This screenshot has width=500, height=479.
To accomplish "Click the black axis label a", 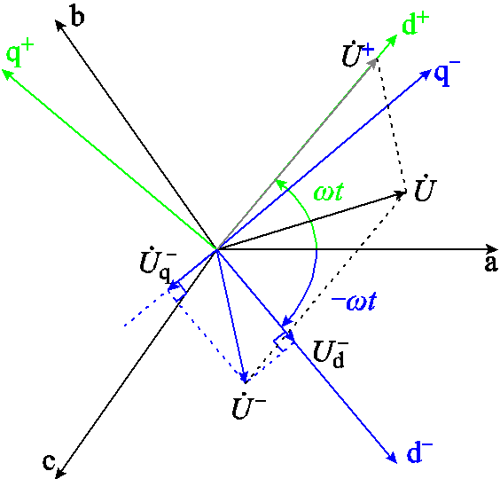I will coord(489,263).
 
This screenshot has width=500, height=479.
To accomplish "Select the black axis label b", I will coord(77,17).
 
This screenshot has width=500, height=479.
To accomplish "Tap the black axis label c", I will coord(50,461).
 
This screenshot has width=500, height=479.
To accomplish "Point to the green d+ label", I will coord(416,25).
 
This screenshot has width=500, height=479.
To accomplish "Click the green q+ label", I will coord(20,55).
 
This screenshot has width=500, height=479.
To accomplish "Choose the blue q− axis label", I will coord(447,74).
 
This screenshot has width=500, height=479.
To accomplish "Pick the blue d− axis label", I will coord(420,452).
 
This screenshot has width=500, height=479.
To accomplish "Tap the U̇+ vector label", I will coord(357,55).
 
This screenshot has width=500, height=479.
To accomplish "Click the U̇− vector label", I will coord(249,408).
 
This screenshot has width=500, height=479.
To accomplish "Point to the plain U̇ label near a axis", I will coord(423,189).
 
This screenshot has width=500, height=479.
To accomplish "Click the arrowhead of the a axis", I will coord(491,249).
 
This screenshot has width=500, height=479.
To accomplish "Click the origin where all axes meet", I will coord(216,249).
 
